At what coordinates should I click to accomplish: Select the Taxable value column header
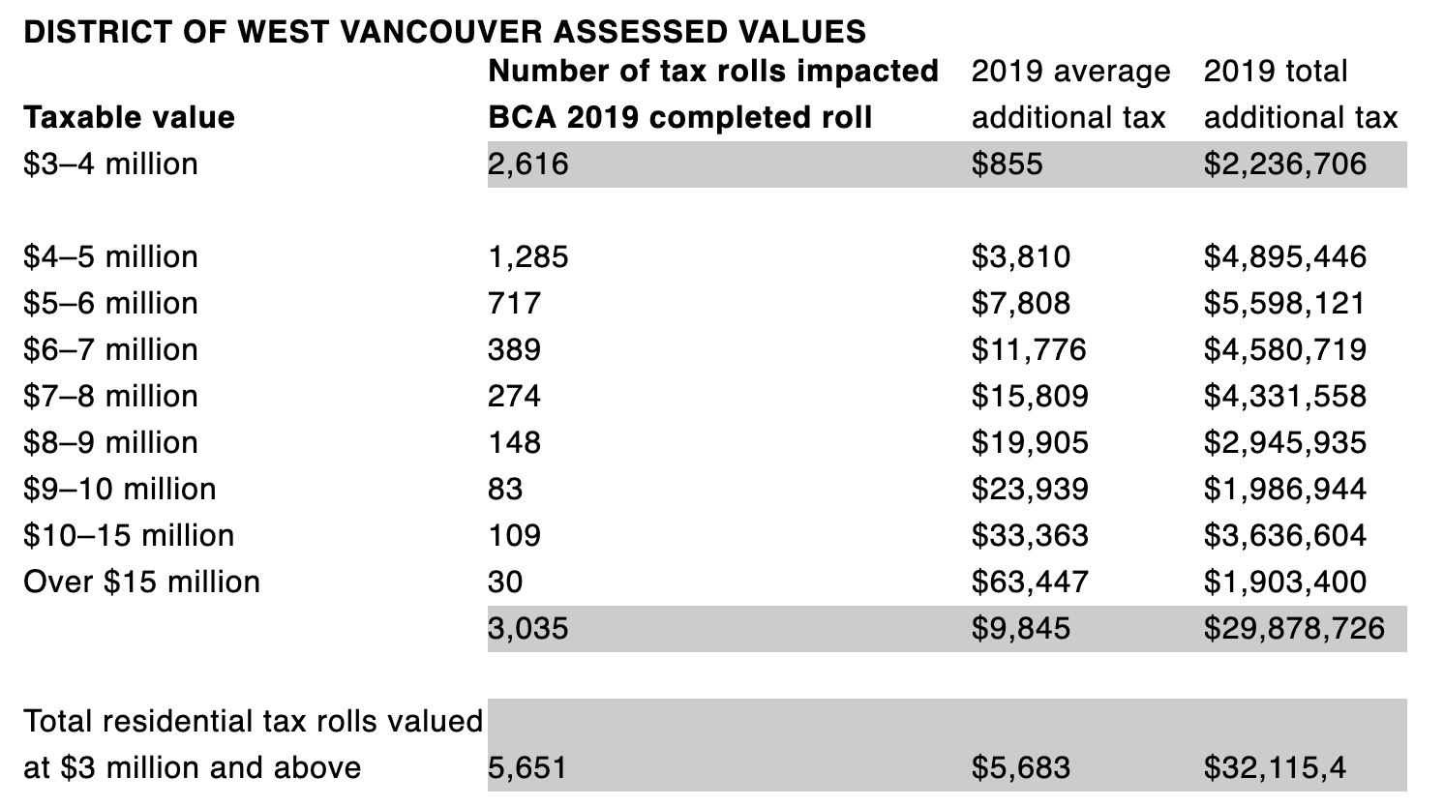pos(129,117)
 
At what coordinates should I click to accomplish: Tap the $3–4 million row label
pos(110,164)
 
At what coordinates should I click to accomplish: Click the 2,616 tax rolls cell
pos(528,164)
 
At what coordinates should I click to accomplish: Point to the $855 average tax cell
pos(1007,164)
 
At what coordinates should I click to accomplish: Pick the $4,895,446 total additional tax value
pos(1284,256)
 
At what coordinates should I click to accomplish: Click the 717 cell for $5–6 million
pos(514,303)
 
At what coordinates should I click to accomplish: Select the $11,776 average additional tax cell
pos(1029,349)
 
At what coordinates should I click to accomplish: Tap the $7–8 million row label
pos(110,396)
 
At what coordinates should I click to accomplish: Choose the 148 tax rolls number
pos(514,442)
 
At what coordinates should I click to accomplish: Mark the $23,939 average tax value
pos(1030,489)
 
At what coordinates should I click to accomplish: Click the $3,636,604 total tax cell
pos(1284,535)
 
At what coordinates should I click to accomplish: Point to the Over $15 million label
pos(141,582)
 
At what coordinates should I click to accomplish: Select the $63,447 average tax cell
pos(1030,582)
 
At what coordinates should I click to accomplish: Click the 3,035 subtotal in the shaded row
pos(528,628)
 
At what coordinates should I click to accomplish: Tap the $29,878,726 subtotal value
pos(1294,628)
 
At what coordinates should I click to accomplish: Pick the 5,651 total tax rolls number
pos(527,767)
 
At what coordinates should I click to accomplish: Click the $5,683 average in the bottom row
pos(1020,767)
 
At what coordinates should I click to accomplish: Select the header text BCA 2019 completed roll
pos(679,117)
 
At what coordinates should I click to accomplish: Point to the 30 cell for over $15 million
pos(505,582)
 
